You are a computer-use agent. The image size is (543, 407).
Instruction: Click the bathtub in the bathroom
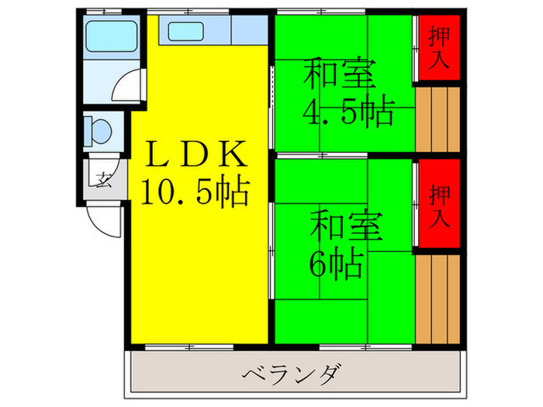click(x=111, y=36)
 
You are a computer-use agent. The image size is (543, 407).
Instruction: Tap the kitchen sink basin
click(x=185, y=31)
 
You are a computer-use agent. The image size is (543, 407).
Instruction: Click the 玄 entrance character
click(x=103, y=180)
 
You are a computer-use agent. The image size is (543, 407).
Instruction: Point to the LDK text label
click(x=196, y=153)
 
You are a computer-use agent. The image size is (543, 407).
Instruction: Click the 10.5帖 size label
click(x=195, y=192)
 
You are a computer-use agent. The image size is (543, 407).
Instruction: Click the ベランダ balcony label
click(x=292, y=375)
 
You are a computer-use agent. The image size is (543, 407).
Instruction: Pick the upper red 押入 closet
click(x=439, y=48)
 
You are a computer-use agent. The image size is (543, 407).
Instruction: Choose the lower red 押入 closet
click(x=439, y=203)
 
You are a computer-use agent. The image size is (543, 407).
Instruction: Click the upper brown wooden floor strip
click(x=438, y=119)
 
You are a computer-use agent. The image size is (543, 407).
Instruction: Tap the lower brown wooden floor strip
click(x=438, y=299)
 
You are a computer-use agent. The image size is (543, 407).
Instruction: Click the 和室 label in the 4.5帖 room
click(x=340, y=74)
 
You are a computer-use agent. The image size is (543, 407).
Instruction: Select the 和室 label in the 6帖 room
click(x=346, y=226)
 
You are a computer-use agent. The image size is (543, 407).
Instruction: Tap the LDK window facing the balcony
click(x=189, y=347)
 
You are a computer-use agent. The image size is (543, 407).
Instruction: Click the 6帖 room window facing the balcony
click(x=365, y=347)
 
